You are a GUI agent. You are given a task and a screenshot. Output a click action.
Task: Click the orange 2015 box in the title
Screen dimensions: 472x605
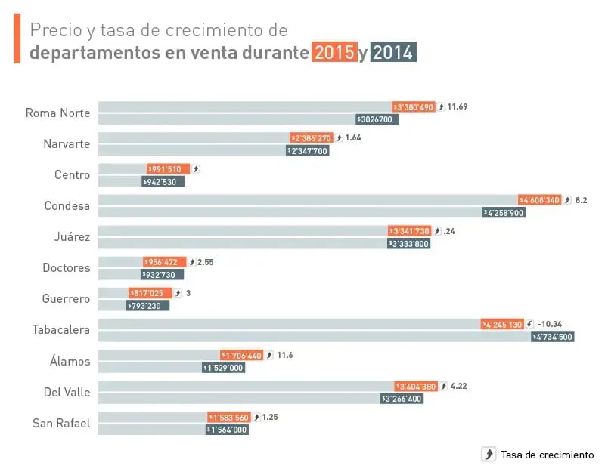coord(334,53)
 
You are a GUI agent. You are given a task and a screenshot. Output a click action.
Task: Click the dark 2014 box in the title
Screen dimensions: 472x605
coord(393,53)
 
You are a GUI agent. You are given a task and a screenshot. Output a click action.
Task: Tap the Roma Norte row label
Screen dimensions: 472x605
coord(57,113)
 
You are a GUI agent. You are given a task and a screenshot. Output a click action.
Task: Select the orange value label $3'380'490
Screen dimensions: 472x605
coord(414,107)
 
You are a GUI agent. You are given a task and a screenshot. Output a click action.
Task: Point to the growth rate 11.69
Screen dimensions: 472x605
coord(458,106)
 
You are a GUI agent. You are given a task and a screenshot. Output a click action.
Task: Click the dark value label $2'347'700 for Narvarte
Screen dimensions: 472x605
coord(308,150)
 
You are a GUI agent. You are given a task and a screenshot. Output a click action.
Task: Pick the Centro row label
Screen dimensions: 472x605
coord(72,175)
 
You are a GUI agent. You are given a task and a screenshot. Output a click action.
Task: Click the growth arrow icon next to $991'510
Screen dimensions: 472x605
coord(196,169)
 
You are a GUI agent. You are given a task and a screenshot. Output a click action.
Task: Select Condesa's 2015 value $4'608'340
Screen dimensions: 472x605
coord(540,200)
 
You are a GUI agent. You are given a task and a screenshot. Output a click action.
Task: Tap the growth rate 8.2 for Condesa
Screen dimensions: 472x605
coord(581,200)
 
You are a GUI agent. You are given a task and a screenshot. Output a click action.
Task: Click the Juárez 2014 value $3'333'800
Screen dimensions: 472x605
coord(409,243)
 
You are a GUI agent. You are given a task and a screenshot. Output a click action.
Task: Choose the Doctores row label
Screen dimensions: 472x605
coord(66,268)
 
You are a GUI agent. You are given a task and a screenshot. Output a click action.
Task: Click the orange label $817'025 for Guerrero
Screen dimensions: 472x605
coord(150,293)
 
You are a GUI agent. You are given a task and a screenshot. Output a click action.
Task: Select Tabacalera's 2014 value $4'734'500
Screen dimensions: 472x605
coord(553,337)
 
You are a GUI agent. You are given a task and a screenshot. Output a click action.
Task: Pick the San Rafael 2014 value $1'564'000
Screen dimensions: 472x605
coord(227,430)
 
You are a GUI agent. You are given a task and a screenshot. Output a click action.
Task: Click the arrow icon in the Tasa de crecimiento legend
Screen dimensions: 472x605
coord(489,454)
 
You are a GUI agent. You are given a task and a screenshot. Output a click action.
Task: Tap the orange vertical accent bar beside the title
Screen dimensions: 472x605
coord(17,39)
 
